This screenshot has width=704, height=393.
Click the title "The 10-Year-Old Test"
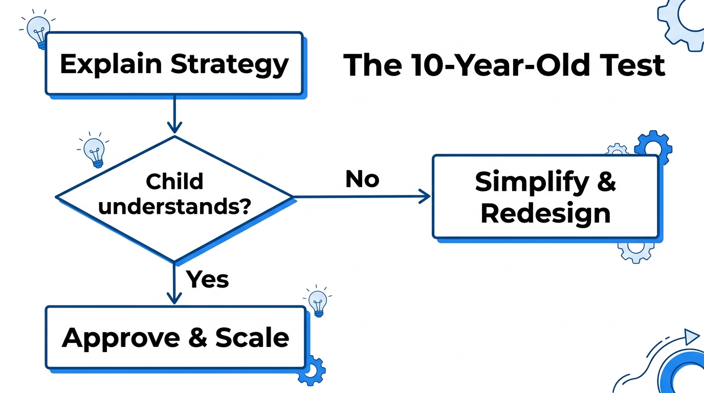(x=504, y=65)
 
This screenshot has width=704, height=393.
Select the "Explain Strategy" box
(x=174, y=64)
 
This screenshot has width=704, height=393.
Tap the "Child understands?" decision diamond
(x=174, y=196)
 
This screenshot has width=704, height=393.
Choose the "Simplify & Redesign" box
(x=545, y=197)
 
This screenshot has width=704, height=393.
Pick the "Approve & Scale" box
(x=175, y=338)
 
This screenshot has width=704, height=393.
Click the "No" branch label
(x=362, y=179)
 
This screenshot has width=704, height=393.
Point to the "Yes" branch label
(x=207, y=279)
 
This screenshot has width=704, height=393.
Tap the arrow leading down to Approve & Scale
(x=174, y=284)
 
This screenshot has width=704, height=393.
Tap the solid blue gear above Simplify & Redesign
(x=652, y=145)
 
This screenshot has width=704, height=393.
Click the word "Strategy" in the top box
(x=229, y=64)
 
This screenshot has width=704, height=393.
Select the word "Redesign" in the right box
(x=545, y=213)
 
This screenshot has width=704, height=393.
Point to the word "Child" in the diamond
(x=174, y=182)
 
